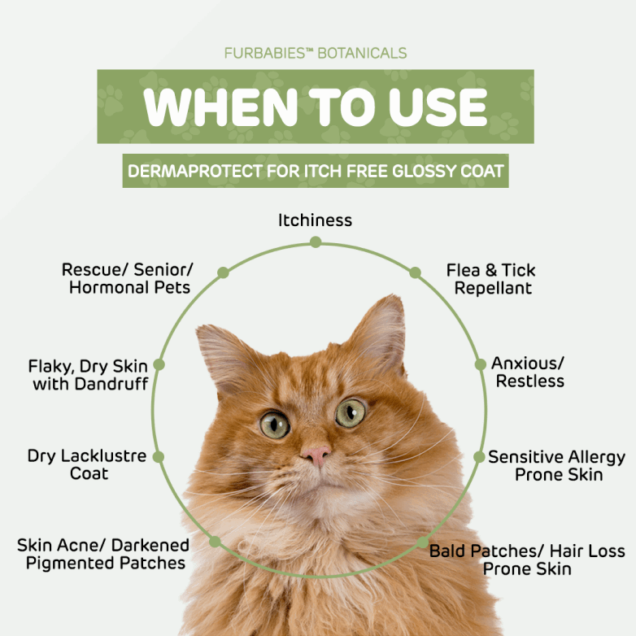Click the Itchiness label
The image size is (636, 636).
tap(315, 220)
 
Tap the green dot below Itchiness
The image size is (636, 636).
tap(316, 242)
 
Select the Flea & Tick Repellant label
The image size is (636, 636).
tap(491, 279)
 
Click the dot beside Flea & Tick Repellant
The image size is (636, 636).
tap(415, 272)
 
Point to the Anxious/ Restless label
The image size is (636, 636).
tap(528, 372)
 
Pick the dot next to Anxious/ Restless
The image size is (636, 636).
tap(480, 364)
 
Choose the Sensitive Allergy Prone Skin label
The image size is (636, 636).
tap(556, 466)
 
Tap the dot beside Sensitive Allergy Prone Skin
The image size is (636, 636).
tap(479, 457)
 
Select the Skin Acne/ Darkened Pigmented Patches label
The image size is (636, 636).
tap(103, 554)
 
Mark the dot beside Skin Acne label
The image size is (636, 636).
tap(215, 542)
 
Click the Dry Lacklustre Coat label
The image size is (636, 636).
tap(87, 464)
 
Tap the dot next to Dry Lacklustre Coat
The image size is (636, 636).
tap(159, 457)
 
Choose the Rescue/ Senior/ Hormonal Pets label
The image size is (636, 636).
tap(128, 278)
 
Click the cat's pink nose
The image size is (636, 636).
tap(316, 455)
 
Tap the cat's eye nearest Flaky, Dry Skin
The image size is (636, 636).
tap(275, 425)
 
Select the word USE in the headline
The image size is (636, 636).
tap(438, 107)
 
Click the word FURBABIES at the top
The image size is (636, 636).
tap(265, 53)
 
